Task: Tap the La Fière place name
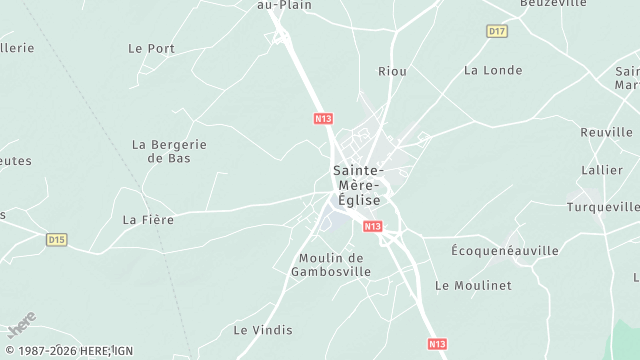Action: pyautogui.click(x=148, y=220)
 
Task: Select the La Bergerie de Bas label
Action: pyautogui.click(x=169, y=151)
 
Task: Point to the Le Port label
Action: pyautogui.click(x=151, y=48)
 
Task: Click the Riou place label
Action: pyautogui.click(x=392, y=71)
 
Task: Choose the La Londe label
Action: pyautogui.click(x=493, y=70)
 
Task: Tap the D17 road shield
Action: pyautogui.click(x=497, y=32)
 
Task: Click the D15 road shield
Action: pyautogui.click(x=57, y=240)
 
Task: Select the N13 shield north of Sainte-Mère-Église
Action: pyautogui.click(x=322, y=118)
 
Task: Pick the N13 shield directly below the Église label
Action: pyautogui.click(x=373, y=227)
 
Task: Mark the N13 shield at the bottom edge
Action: pyautogui.click(x=437, y=344)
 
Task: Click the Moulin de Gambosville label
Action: pyautogui.click(x=331, y=264)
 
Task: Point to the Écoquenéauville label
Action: pyautogui.click(x=505, y=250)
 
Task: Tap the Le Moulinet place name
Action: pyautogui.click(x=473, y=285)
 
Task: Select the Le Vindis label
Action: pyautogui.click(x=263, y=329)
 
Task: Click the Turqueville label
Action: pyautogui.click(x=602, y=207)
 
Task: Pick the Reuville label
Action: pyautogui.click(x=606, y=132)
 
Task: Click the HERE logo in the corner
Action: pyautogui.click(x=21, y=325)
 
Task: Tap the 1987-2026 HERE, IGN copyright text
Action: pyautogui.click(x=67, y=351)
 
